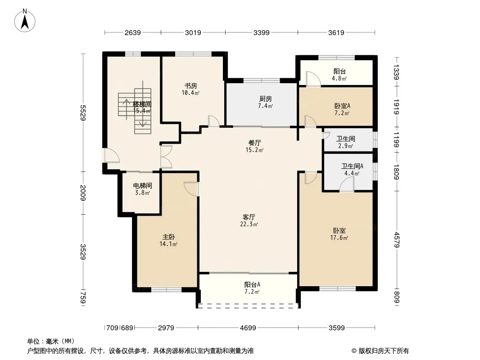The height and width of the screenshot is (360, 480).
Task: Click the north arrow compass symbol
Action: point(25,21)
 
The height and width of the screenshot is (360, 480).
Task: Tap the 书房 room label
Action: point(191,86)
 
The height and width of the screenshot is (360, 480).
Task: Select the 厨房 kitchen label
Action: point(265,99)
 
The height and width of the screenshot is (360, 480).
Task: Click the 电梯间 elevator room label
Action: point(142,186)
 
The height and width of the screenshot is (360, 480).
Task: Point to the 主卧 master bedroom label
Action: point(169,237)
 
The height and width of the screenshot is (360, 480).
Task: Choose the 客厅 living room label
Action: point(249,217)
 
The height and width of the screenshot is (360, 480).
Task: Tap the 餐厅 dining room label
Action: point(255,143)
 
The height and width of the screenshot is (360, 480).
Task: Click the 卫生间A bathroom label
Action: point(352,166)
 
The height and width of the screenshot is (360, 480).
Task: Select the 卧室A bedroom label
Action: point(342,106)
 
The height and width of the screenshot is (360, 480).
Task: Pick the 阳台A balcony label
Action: point(252,285)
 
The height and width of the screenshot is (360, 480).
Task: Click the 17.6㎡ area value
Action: point(339,238)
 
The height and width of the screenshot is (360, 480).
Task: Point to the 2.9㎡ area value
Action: point(346,146)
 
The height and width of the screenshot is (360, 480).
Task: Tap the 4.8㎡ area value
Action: point(339,78)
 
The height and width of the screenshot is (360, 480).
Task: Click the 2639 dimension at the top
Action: point(132,32)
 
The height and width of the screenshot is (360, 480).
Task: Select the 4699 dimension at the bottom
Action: point(248,328)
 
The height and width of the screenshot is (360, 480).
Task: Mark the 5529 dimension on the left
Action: point(83,113)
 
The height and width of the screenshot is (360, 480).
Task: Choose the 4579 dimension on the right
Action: point(397,240)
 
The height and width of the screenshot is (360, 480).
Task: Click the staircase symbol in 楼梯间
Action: point(135,108)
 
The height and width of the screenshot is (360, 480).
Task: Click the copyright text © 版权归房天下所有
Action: point(380,351)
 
